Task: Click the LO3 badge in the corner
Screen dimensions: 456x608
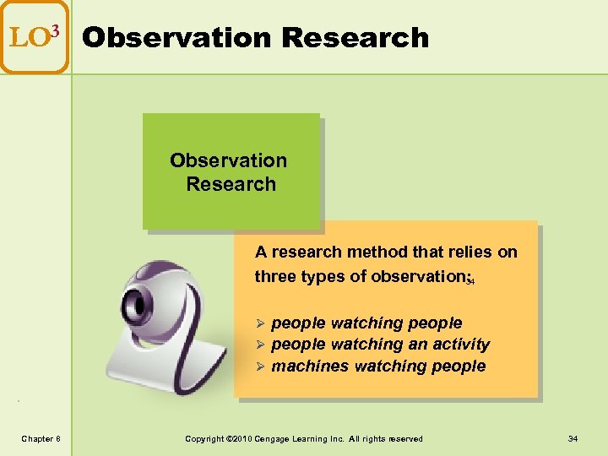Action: (35, 37)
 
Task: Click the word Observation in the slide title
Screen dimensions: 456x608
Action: (177, 38)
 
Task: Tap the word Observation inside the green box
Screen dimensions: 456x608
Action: (228, 160)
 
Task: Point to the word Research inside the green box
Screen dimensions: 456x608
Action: (231, 184)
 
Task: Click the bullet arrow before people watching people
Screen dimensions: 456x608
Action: (261, 323)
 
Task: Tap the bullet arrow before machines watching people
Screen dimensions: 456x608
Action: (261, 366)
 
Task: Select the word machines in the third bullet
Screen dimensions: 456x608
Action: (311, 366)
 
